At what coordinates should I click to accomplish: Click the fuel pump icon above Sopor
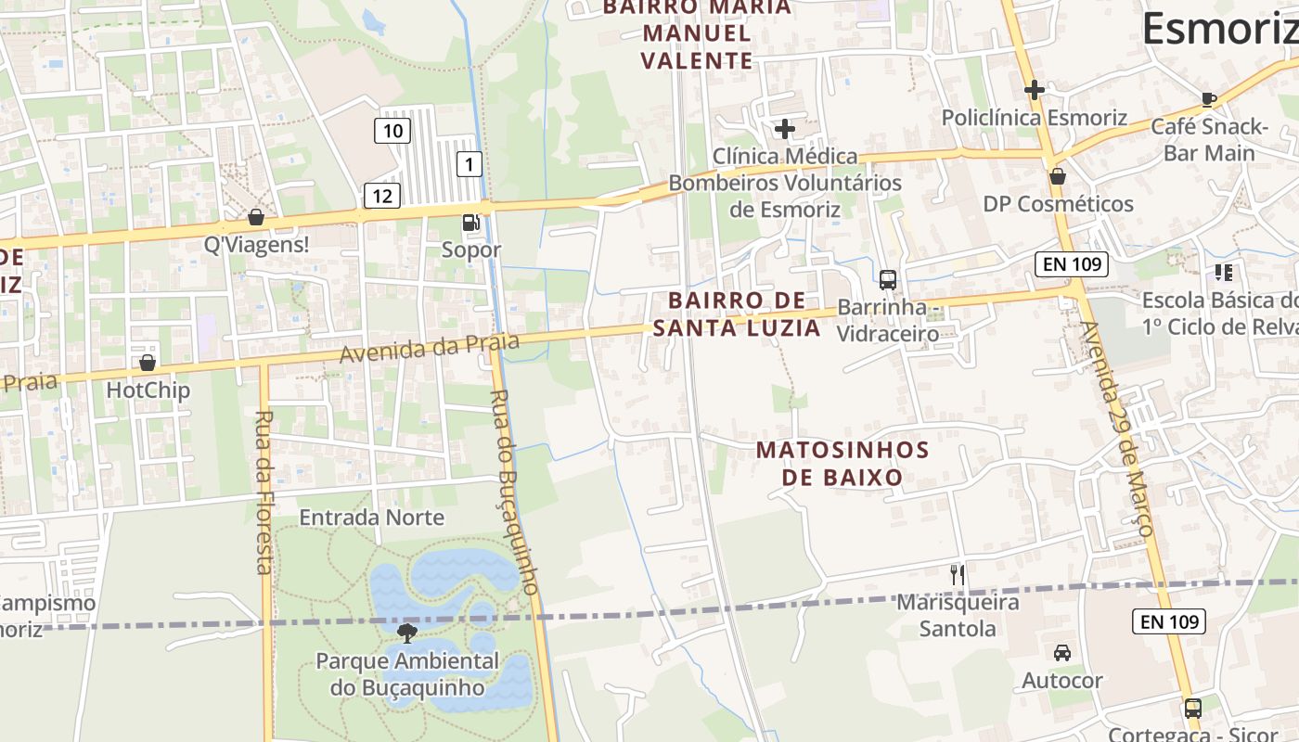(x=471, y=223)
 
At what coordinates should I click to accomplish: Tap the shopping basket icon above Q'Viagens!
(x=256, y=217)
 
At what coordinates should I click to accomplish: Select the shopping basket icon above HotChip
(x=148, y=363)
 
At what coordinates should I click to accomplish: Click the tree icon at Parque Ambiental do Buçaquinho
(x=406, y=633)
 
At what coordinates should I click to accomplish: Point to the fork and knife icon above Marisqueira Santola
(x=958, y=575)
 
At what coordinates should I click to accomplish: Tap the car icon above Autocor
(x=1062, y=653)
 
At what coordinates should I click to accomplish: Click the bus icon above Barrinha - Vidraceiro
(x=888, y=279)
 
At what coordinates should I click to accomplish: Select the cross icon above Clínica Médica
(x=785, y=129)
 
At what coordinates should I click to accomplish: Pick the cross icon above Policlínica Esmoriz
(x=1035, y=90)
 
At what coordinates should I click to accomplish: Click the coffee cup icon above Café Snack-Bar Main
(x=1208, y=99)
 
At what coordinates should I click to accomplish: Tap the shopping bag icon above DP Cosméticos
(x=1058, y=176)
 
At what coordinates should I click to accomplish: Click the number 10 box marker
(x=392, y=131)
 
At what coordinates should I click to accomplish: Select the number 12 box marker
(x=381, y=195)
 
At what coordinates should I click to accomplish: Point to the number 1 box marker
(x=470, y=165)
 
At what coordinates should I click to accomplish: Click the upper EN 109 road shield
(x=1072, y=264)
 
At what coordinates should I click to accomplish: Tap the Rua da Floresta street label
(x=264, y=492)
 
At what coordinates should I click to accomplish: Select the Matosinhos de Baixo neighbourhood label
(x=842, y=464)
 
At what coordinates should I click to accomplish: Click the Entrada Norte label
(x=371, y=518)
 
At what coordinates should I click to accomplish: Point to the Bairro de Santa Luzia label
(x=737, y=313)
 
